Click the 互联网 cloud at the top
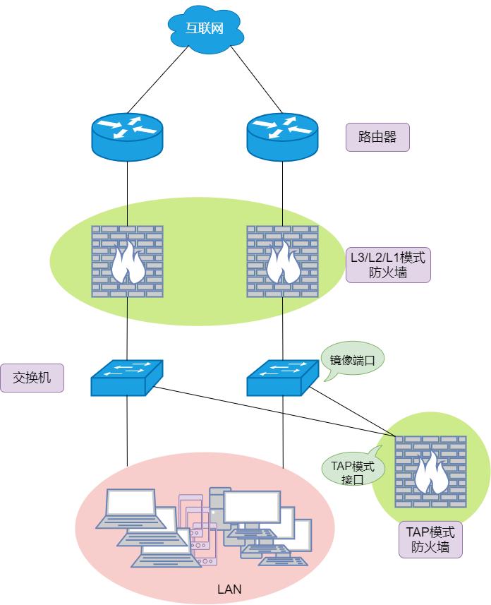click(x=205, y=29)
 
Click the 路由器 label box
click(x=377, y=137)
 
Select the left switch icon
click(x=127, y=378)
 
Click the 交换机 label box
click(x=31, y=378)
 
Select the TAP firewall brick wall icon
click(x=430, y=471)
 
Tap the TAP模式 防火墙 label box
click(x=430, y=539)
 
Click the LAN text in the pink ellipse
click(x=229, y=588)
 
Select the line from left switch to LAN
click(x=127, y=431)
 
